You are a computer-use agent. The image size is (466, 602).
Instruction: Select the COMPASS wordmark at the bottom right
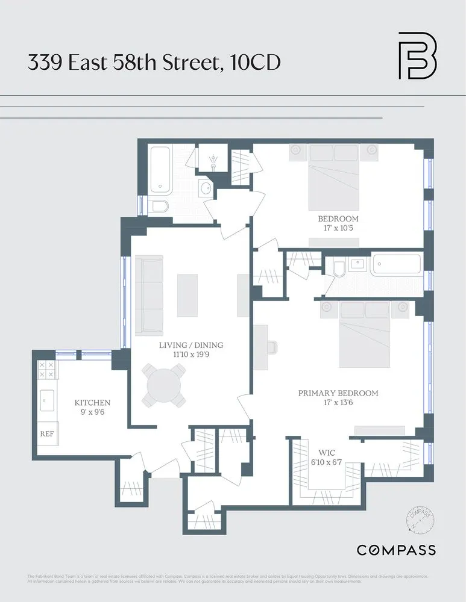(396, 550)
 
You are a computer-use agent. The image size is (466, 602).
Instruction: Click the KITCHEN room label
(92, 403)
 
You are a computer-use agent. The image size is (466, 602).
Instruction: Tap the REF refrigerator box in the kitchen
(47, 433)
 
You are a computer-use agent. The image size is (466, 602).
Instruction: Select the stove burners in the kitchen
(47, 369)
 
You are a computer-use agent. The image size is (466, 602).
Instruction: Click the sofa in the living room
(149, 295)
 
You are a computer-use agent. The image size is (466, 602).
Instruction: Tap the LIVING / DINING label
(190, 345)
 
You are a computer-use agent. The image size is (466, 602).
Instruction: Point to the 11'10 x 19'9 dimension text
(190, 355)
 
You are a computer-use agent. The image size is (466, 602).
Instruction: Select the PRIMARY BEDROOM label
(338, 393)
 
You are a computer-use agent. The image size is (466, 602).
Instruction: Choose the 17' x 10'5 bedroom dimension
(338, 228)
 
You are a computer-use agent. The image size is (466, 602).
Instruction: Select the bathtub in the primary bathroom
(395, 265)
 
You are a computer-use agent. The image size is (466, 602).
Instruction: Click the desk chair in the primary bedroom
(272, 347)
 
